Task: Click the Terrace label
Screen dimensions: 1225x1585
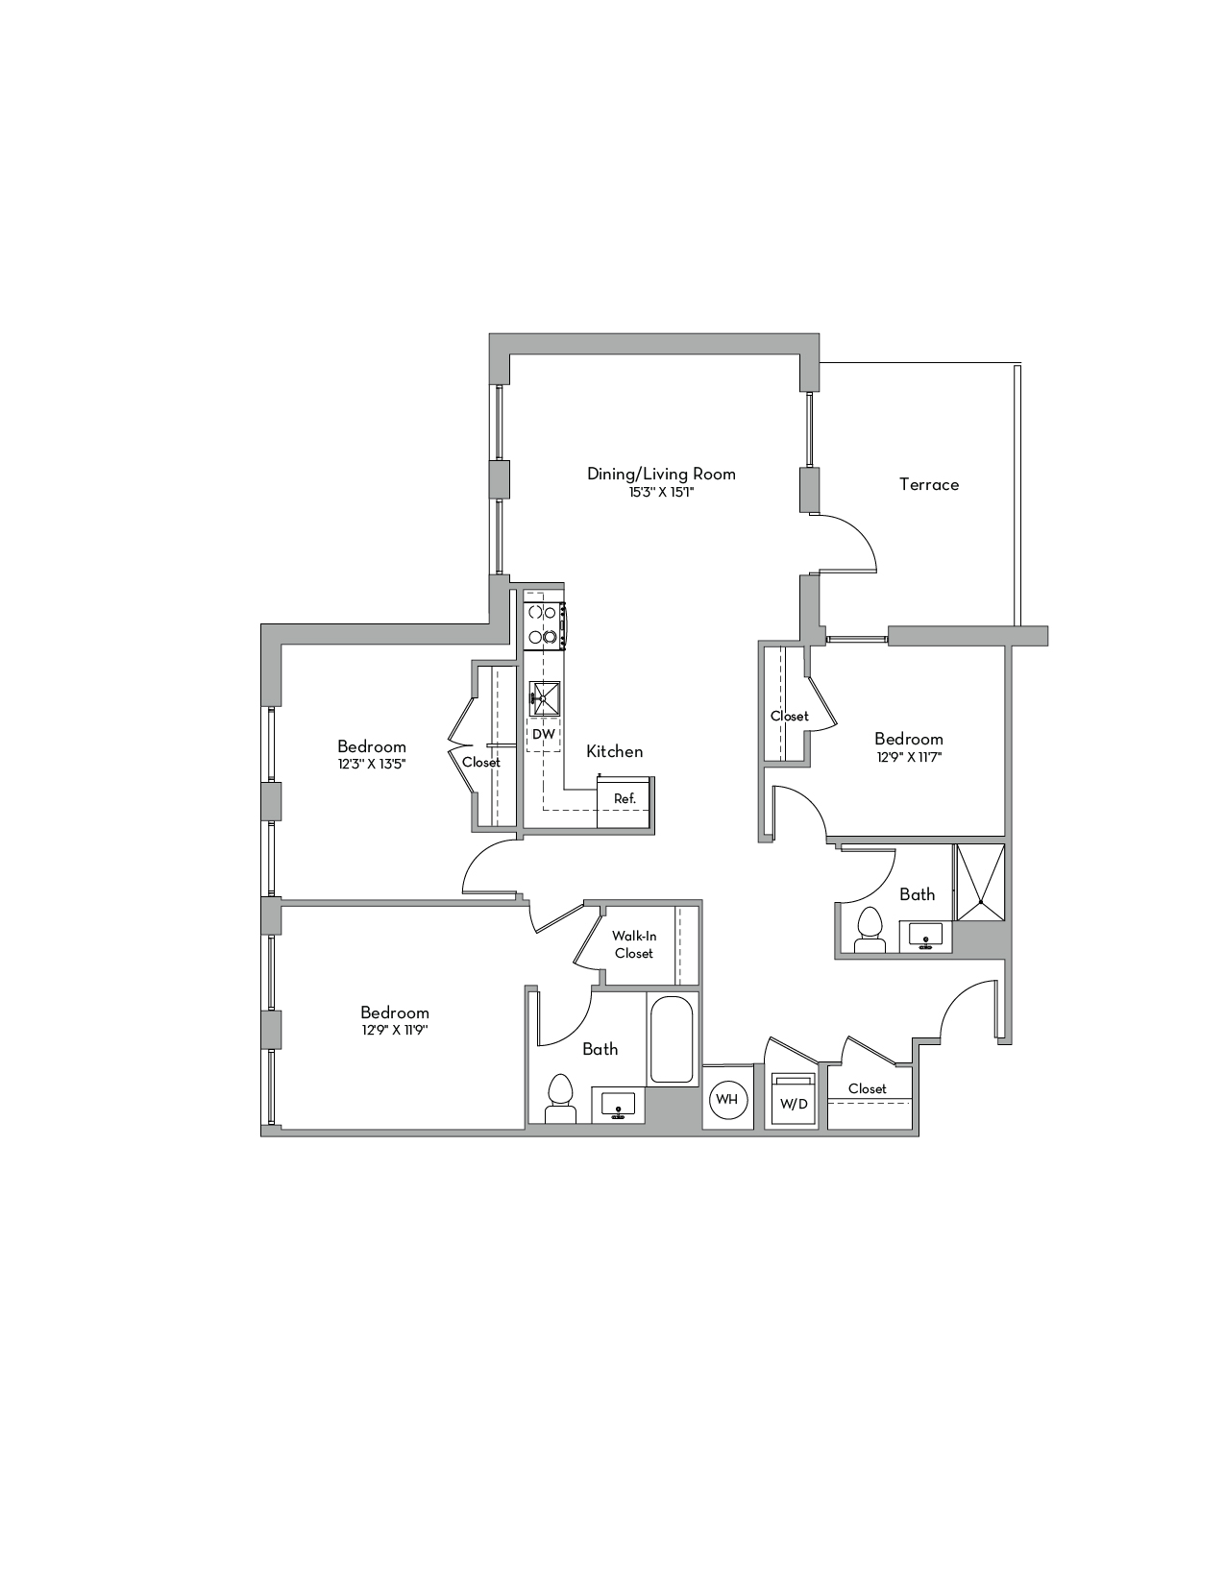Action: click(929, 484)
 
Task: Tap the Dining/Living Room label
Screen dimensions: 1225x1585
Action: click(661, 475)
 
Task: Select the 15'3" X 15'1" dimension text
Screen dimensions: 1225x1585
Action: click(662, 493)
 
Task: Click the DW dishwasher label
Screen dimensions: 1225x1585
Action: click(544, 734)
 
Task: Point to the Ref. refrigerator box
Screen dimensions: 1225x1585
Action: click(624, 802)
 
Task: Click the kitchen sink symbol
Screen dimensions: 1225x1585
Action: click(544, 699)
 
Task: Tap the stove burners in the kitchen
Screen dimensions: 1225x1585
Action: click(544, 624)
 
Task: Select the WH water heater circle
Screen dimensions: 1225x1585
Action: click(726, 1099)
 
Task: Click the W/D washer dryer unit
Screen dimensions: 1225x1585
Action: click(794, 1099)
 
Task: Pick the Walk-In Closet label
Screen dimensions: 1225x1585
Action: click(633, 944)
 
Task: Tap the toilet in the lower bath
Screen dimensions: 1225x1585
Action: click(560, 1099)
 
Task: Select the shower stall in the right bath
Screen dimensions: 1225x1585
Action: click(979, 882)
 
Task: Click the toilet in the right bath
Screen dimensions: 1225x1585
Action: click(869, 930)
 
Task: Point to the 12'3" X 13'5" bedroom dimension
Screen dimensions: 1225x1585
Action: click(372, 765)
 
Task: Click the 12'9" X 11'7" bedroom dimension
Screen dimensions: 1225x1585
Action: click(909, 757)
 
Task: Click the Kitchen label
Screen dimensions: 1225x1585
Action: click(614, 751)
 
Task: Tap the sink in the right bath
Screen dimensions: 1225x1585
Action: click(926, 936)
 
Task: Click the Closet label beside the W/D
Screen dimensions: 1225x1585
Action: click(867, 1088)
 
